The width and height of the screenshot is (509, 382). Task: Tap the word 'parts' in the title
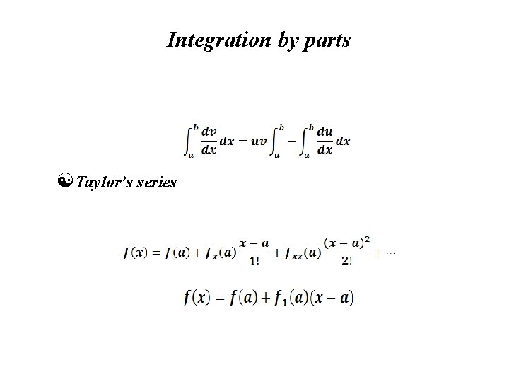tap(327, 40)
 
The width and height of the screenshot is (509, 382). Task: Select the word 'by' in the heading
tap(286, 41)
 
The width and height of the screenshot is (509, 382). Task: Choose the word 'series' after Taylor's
tap(156, 182)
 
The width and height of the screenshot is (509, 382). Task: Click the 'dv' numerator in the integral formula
tap(209, 132)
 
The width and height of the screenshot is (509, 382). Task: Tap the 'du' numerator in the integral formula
tap(325, 132)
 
